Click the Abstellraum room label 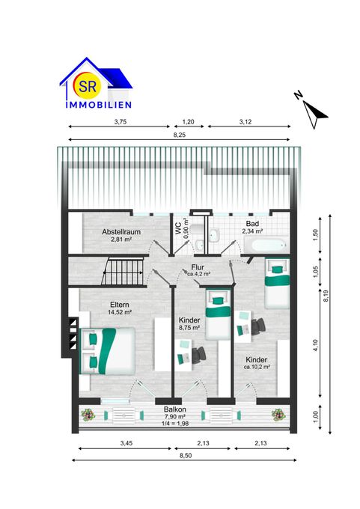coord(121,236)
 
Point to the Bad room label coord(252,228)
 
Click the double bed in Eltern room coord(109,350)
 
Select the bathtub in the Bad coord(265,245)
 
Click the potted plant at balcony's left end coord(88,414)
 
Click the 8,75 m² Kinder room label coord(189,323)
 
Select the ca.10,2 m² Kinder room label coord(256,363)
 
